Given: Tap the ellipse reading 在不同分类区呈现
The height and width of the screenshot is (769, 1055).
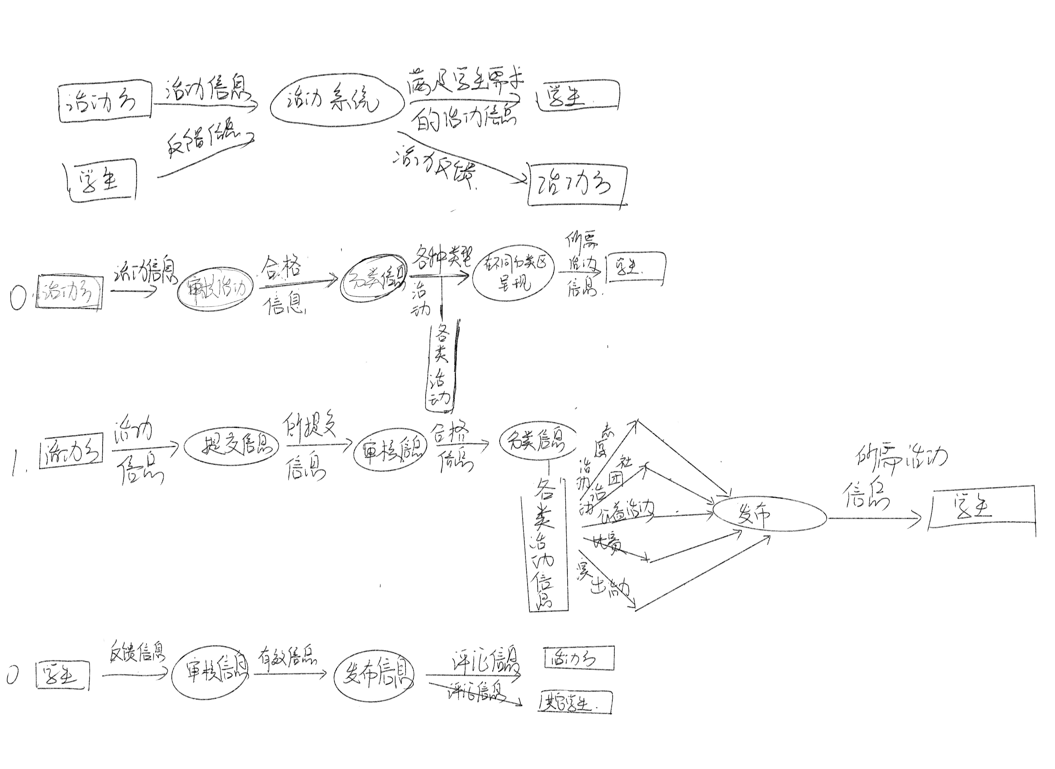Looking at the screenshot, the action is (x=514, y=274).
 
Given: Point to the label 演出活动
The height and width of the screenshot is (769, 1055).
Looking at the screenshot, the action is (x=605, y=582).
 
